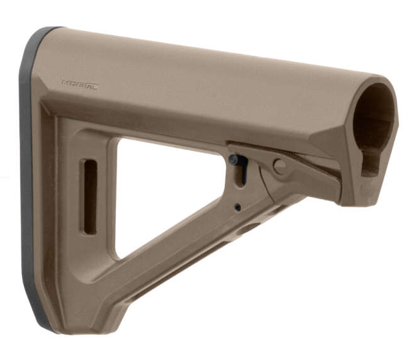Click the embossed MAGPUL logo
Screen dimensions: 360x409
pos(80,83)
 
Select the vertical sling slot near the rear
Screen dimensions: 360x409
pos(90,196)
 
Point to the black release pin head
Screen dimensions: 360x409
pos(235,160)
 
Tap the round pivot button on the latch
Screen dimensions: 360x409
pos(279,166)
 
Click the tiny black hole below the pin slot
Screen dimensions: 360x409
pos(237,206)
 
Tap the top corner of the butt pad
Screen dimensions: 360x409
pos(44,30)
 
